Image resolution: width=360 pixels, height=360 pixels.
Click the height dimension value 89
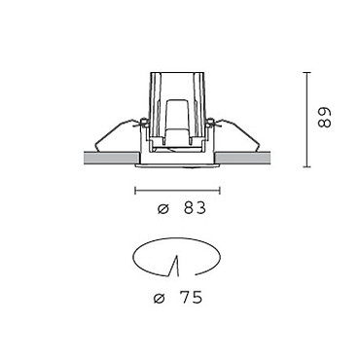(x=324, y=118)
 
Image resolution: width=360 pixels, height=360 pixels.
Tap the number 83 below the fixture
(x=195, y=208)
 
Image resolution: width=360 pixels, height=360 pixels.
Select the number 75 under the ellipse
(x=191, y=298)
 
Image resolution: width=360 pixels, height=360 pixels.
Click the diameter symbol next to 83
(x=163, y=209)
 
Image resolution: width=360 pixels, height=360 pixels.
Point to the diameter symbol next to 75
(x=160, y=299)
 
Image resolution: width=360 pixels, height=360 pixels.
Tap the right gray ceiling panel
(x=242, y=158)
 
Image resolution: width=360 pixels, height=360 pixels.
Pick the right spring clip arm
(x=236, y=133)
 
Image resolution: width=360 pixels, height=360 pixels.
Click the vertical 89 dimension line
(x=306, y=120)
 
